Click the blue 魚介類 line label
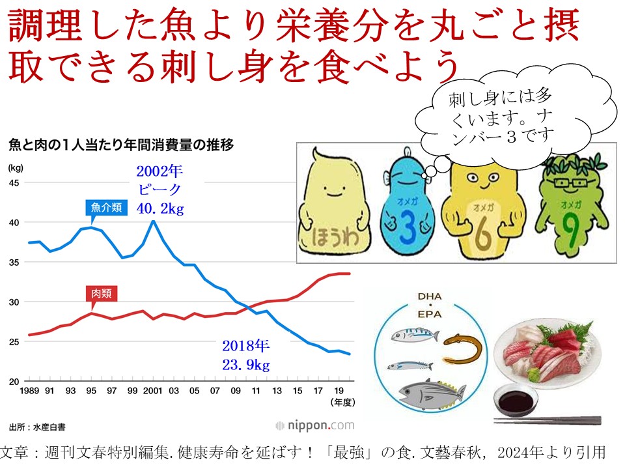[x=104, y=208]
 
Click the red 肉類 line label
[x=101, y=294]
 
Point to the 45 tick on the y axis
[x=13, y=182]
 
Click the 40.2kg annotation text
[x=160, y=208]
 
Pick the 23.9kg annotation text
[x=246, y=364]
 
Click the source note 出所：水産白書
[x=37, y=427]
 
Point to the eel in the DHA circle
[x=463, y=349]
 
